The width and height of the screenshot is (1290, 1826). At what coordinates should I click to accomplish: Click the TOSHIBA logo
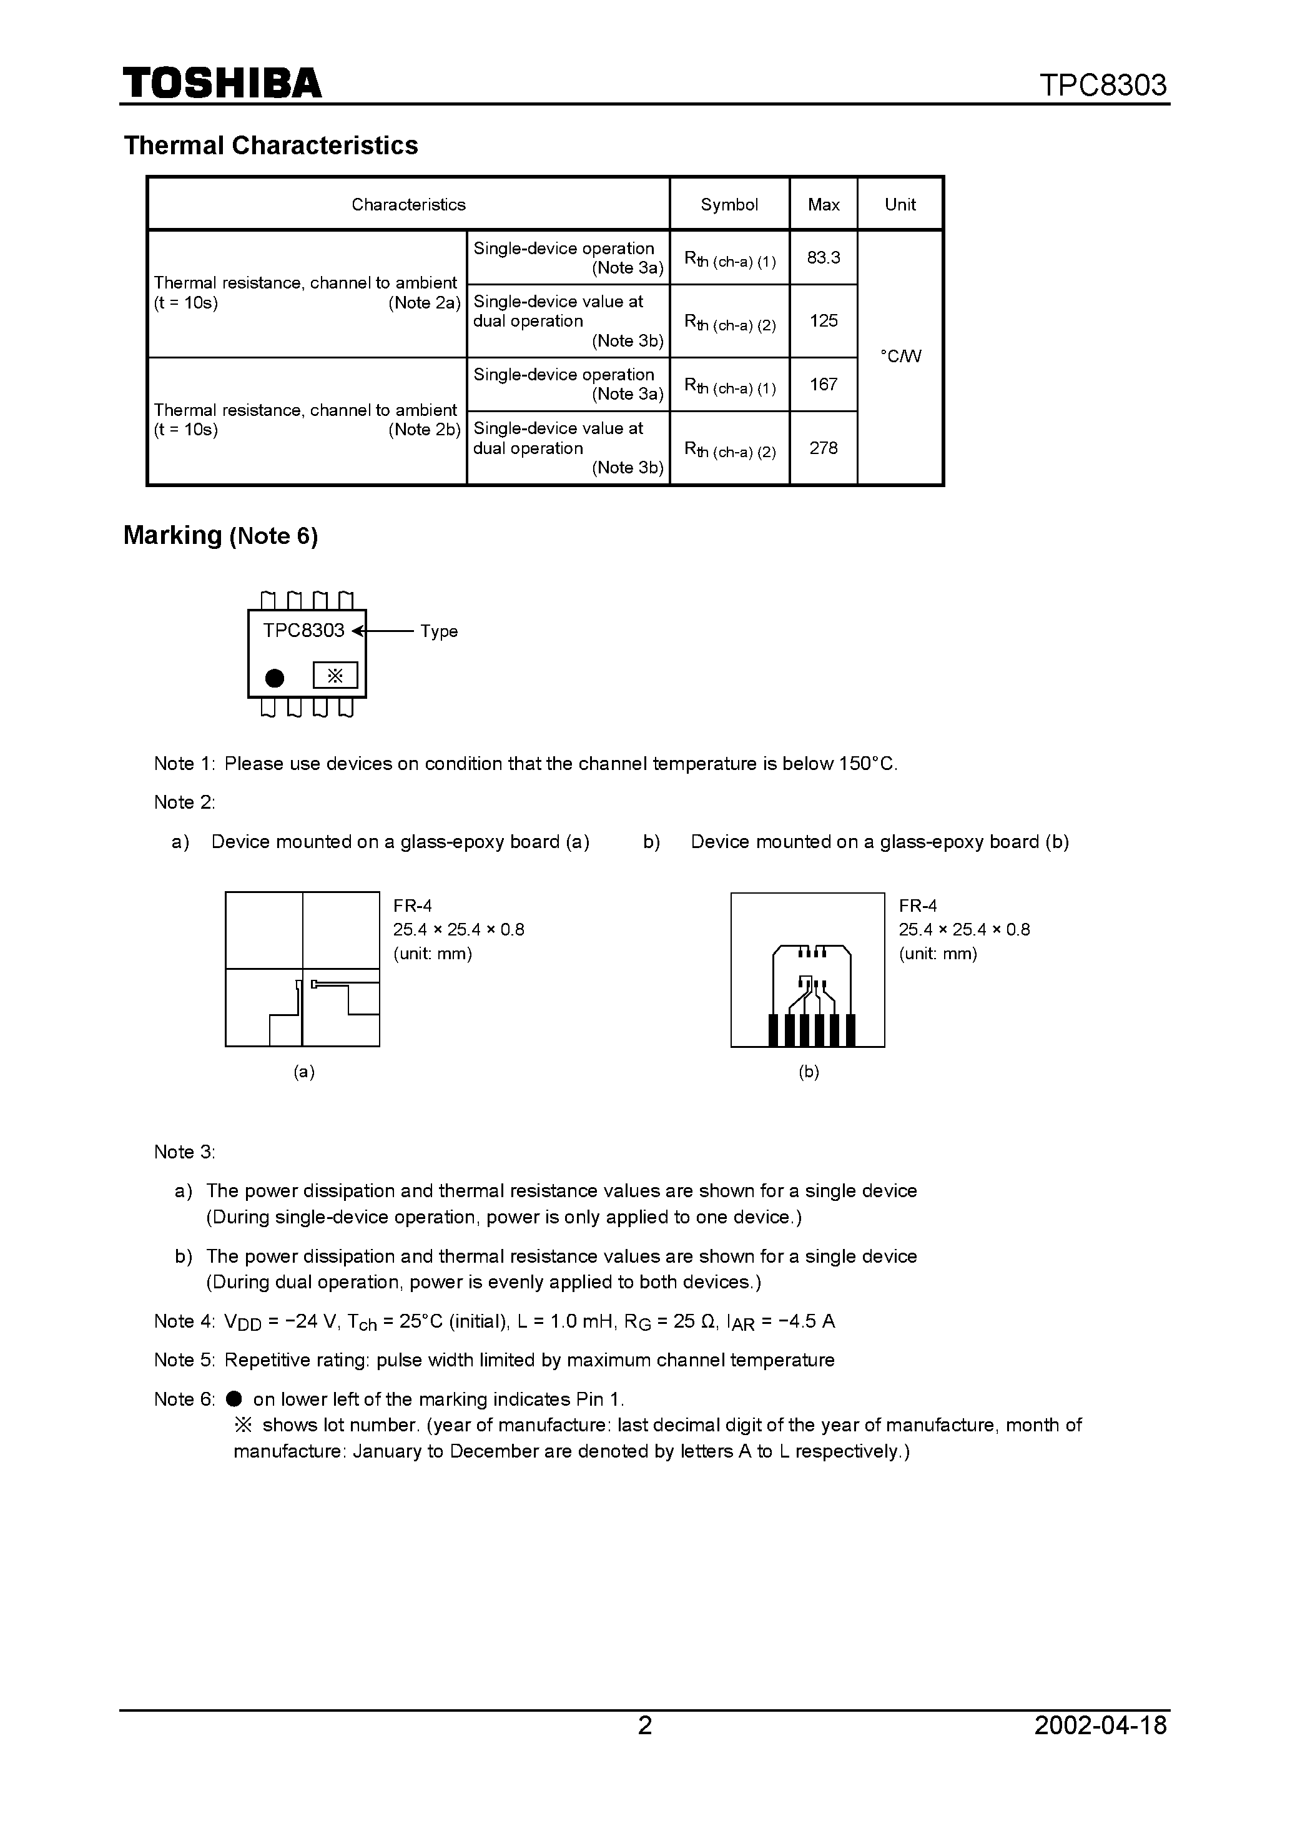[x=222, y=82]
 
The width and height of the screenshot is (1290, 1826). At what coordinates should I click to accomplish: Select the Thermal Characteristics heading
[x=270, y=146]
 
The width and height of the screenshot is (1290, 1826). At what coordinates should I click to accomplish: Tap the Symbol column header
[x=729, y=204]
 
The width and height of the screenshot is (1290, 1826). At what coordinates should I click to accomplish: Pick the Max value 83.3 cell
[x=823, y=258]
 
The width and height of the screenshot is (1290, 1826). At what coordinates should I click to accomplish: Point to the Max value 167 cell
[x=823, y=384]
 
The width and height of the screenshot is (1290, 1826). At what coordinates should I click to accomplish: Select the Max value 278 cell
[x=823, y=448]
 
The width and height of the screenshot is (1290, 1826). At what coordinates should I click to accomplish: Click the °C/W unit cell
[x=900, y=357]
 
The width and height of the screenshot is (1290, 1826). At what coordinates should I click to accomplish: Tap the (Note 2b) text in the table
[x=425, y=430]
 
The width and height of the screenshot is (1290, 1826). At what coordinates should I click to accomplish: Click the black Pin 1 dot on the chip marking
[x=274, y=678]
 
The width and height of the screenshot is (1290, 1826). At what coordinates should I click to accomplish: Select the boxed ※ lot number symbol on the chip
[x=335, y=675]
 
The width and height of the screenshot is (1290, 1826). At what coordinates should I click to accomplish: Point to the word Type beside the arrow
[x=439, y=631]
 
